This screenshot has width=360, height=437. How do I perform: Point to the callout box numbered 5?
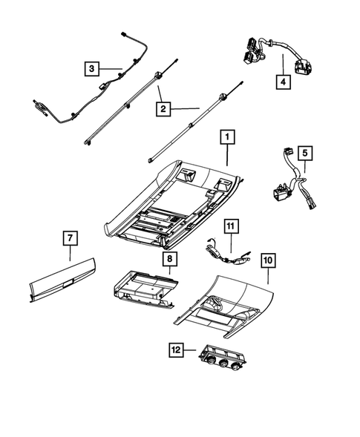tap(306, 154)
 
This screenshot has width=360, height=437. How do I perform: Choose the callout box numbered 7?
tap(69, 237)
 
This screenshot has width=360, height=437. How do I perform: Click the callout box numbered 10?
tap(268, 260)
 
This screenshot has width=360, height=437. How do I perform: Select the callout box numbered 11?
tap(231, 225)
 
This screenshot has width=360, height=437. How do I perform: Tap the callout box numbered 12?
tap(176, 349)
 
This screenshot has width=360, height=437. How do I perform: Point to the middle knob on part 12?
tap(222, 364)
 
